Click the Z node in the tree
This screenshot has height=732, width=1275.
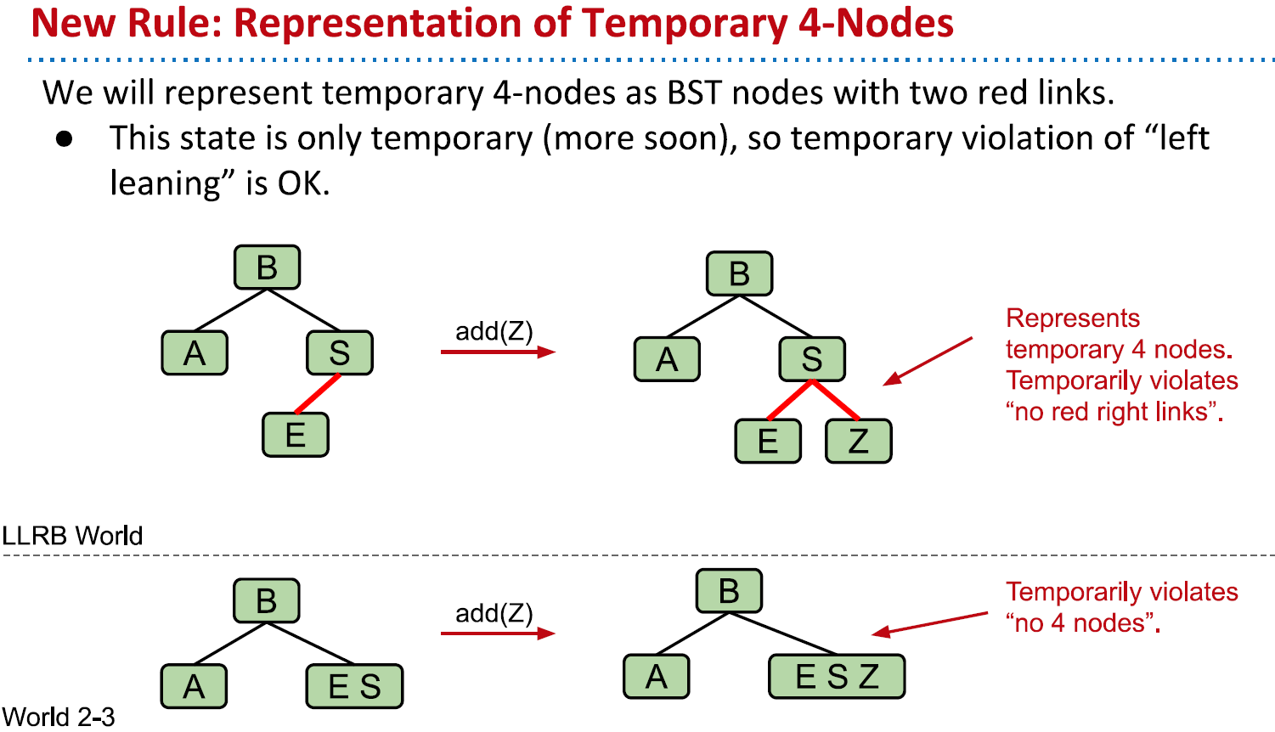coord(858,441)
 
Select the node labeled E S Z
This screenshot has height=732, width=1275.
coord(837,676)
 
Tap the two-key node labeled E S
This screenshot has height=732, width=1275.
coord(354,686)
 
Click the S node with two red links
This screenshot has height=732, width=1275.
coord(812,359)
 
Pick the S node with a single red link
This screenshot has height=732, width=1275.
coord(340,353)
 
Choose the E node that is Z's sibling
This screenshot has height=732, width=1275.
coord(768,441)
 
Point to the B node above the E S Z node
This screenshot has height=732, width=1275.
coord(729,591)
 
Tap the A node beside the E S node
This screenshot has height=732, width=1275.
coord(194,686)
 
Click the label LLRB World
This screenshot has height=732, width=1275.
coord(72,536)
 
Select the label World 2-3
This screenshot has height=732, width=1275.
coord(58,717)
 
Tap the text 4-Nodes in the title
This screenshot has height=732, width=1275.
coord(876,23)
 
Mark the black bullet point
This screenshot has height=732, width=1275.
coord(65,138)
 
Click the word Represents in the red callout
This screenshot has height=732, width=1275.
coord(1072,318)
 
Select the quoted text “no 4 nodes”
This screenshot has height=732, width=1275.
coord(1082,623)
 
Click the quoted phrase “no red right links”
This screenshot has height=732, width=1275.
coord(1114,412)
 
